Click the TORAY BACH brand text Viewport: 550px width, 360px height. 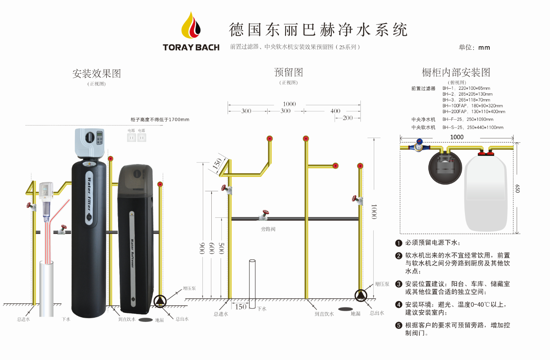click(191, 47)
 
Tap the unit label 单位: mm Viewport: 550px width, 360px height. click(474, 47)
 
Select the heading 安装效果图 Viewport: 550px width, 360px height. click(97, 73)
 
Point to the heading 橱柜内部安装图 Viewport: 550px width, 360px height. click(456, 72)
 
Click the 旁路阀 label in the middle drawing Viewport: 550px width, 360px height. click(268, 229)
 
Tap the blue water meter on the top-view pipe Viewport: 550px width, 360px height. click(419, 147)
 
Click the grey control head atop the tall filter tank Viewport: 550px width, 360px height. click(90, 142)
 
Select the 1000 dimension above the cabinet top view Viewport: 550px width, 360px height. click(457, 137)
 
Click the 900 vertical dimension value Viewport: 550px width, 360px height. click(202, 248)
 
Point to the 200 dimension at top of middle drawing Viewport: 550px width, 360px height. click(348, 118)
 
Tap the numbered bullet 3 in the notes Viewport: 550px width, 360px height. click(399, 284)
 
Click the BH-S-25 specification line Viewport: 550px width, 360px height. click(473, 128)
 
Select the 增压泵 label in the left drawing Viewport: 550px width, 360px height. click(189, 288)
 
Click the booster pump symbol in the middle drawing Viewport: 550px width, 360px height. click(361, 295)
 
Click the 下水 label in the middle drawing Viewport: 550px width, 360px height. click(262, 309)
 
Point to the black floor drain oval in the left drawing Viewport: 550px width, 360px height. click(146, 320)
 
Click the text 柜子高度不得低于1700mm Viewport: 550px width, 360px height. click(160, 119)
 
